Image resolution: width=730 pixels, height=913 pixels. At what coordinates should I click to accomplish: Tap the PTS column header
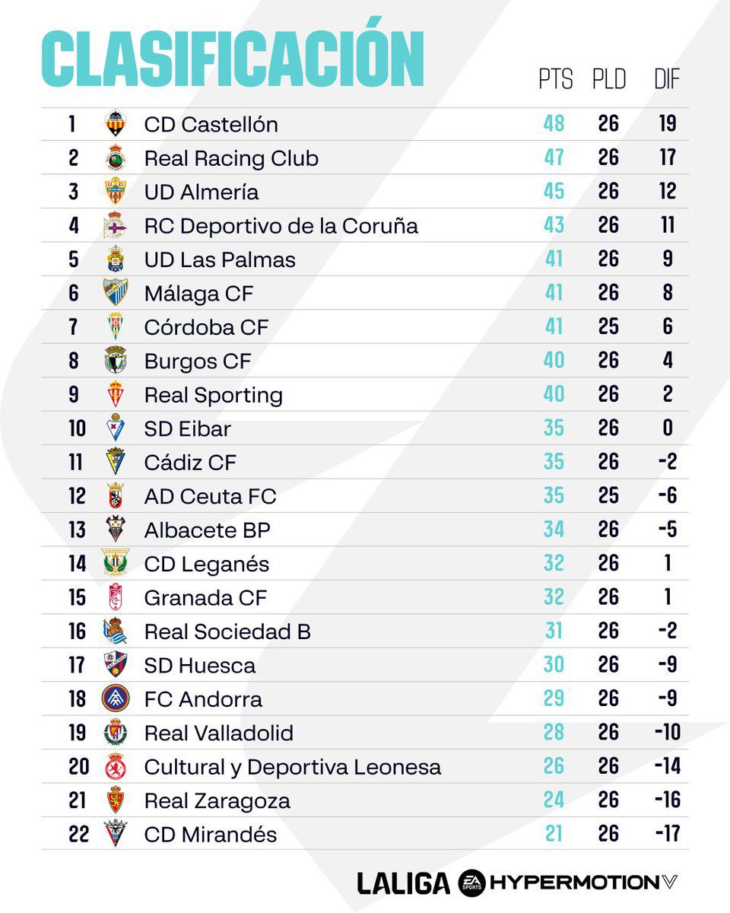point(555,79)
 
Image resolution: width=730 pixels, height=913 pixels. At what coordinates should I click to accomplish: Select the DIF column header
point(667,79)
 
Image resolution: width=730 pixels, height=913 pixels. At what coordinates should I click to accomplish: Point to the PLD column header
point(608,79)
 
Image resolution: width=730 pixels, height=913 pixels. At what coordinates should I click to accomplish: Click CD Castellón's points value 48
point(554,123)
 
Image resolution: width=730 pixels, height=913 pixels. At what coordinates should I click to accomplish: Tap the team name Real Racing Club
point(231,158)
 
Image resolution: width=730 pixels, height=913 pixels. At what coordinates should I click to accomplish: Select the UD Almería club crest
point(115,191)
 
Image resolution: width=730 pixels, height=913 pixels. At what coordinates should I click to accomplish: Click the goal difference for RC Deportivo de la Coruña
point(667,225)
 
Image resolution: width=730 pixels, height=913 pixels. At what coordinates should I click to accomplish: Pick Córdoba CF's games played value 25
point(608,326)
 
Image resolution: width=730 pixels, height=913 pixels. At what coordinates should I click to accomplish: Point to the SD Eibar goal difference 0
point(667,428)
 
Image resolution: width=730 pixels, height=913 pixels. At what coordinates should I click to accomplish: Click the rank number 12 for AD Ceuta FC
point(77,496)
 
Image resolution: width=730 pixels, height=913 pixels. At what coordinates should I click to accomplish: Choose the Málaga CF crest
point(115,292)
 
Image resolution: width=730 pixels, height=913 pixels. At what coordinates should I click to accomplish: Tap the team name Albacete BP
point(207,530)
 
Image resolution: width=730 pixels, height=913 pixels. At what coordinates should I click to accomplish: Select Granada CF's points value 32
point(554,596)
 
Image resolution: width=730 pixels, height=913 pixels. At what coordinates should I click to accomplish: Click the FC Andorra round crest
point(115,698)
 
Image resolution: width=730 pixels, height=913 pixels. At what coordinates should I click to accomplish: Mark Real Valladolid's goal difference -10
point(667,732)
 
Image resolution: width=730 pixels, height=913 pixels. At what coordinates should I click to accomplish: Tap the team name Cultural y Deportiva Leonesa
point(292,766)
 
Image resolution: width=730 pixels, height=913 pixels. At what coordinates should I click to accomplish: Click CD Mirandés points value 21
point(554,833)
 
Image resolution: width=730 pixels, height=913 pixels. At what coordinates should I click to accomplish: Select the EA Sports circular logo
point(471,883)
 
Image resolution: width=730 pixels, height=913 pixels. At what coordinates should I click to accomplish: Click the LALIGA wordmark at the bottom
point(404,883)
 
